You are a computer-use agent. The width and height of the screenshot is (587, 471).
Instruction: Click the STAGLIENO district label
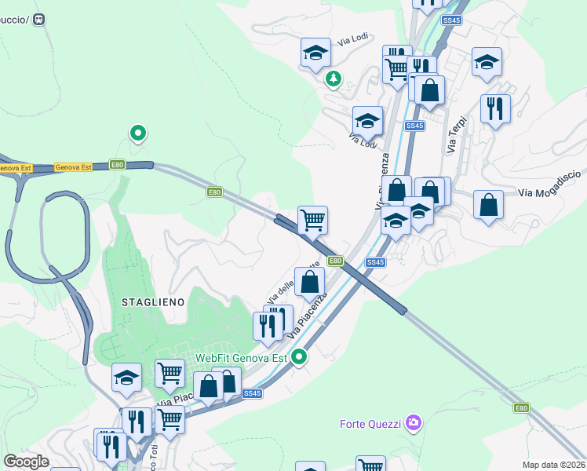tap(153, 301)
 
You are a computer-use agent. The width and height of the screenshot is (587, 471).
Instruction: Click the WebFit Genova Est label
tap(242, 357)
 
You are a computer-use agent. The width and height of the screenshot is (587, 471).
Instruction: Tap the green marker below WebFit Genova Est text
tap(299, 357)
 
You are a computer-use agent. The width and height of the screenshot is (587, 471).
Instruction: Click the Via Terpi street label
tap(456, 134)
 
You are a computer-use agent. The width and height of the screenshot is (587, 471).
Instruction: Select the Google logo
tap(26, 462)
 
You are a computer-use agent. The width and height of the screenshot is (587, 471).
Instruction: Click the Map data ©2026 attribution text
tap(553, 465)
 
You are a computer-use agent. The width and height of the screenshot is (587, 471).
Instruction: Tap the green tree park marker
tap(334, 78)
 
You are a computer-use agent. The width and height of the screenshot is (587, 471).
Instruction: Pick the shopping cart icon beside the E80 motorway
tap(312, 219)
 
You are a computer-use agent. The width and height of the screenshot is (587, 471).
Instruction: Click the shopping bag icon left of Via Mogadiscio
tap(488, 204)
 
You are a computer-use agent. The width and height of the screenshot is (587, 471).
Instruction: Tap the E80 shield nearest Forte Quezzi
tap(522, 408)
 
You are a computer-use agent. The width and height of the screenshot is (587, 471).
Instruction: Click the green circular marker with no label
tap(138, 133)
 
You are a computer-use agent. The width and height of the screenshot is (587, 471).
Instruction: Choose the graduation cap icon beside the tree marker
tap(315, 53)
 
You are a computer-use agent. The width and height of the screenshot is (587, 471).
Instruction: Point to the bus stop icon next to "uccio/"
tap(41, 20)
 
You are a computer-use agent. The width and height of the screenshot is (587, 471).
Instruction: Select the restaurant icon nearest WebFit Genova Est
tap(268, 325)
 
